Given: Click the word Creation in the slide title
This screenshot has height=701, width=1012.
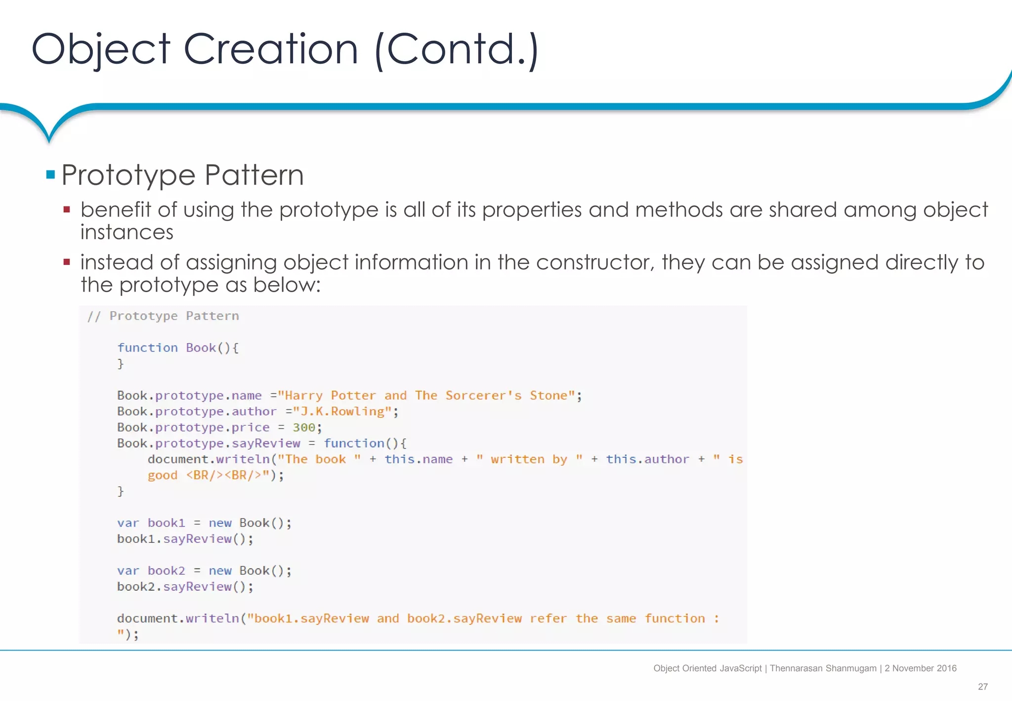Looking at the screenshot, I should (x=270, y=49).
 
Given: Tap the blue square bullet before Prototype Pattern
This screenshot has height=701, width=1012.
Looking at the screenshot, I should (x=50, y=175).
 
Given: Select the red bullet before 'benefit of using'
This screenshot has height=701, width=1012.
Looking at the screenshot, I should (x=67, y=210).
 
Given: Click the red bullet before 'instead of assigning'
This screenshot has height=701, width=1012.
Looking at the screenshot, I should (x=67, y=262).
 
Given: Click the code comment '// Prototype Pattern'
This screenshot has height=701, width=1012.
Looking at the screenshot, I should (x=163, y=316).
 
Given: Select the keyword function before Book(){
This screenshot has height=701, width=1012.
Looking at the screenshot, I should (x=147, y=348).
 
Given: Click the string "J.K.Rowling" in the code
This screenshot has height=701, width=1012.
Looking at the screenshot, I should (x=342, y=411).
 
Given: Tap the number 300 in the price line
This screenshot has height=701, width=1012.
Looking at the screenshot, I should (x=303, y=427).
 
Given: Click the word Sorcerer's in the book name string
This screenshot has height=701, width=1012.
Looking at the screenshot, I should (x=483, y=395).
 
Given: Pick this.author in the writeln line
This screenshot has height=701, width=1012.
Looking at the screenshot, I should (x=647, y=459).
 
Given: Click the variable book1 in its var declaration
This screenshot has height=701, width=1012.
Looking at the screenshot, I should (x=166, y=523).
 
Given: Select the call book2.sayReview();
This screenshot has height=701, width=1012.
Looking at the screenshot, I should (x=185, y=587).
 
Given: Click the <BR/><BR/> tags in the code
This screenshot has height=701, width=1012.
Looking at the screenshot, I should (x=223, y=475).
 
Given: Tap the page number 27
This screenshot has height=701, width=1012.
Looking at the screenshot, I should (x=982, y=687).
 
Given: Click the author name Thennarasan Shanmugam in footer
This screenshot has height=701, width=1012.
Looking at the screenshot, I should (x=823, y=668).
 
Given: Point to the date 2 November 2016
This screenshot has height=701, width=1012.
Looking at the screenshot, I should (x=920, y=668).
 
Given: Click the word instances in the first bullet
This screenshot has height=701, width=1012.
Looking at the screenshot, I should (x=127, y=232).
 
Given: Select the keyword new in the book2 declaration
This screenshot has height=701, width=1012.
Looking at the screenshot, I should (x=220, y=570).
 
